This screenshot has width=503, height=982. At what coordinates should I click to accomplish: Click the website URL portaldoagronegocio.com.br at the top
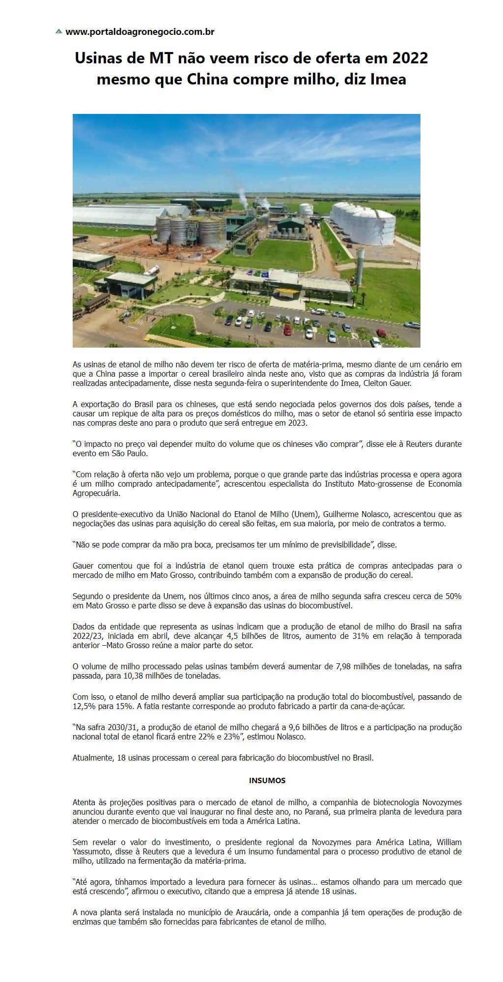pos(140,32)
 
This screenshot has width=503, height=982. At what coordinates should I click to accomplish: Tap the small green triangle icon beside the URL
pos(59,31)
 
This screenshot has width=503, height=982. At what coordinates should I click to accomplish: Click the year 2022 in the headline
pos(410,58)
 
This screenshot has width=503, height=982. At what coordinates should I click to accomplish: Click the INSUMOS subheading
pos(267,780)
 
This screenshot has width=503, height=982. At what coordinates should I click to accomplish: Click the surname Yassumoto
pos(93,852)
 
